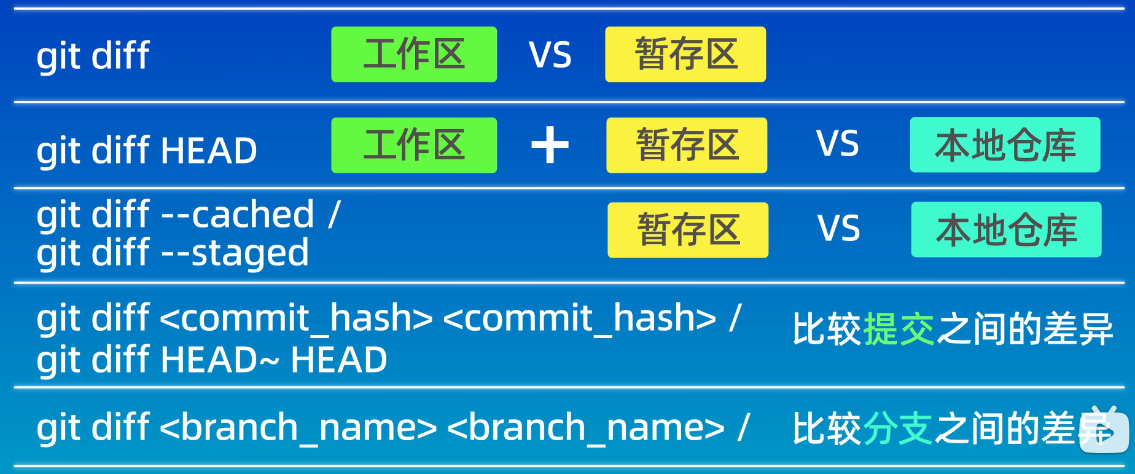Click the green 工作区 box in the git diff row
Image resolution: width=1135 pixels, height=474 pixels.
click(414, 54)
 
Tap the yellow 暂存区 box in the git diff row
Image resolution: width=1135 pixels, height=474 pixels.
click(685, 54)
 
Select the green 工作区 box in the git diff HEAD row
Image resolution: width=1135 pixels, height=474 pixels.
click(414, 145)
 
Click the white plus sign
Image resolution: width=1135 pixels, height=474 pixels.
click(550, 145)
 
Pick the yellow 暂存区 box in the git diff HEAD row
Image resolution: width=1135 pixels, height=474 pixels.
click(687, 145)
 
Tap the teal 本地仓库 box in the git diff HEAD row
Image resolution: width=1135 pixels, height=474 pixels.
click(1005, 144)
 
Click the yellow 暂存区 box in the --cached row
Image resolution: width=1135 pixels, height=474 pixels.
click(688, 230)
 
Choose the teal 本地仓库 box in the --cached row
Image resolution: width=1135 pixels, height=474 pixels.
click(1006, 229)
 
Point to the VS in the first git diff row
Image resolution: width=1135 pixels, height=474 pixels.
click(550, 55)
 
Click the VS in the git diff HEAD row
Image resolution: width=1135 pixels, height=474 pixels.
click(838, 144)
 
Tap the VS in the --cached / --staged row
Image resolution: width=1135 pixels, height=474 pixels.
click(839, 229)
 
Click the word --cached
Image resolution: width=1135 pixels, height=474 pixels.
click(238, 214)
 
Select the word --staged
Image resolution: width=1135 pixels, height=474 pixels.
click(235, 253)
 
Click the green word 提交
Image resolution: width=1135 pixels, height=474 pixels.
click(899, 329)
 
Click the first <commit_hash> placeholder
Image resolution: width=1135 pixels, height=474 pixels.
click(297, 318)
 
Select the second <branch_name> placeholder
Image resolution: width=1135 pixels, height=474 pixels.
click(586, 427)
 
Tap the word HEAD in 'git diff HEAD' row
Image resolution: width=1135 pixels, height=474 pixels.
click(209, 151)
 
